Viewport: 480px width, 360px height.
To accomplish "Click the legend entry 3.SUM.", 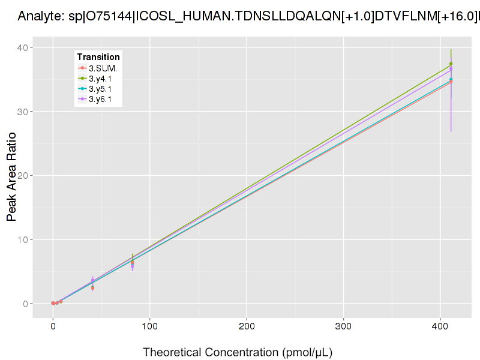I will click(x=103, y=68).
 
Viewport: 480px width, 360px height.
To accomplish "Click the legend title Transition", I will click(x=98, y=57).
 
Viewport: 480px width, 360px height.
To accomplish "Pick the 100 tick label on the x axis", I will click(x=150, y=326).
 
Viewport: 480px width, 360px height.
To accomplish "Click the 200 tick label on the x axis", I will click(x=247, y=326).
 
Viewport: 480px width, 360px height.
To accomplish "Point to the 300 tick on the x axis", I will click(x=343, y=326).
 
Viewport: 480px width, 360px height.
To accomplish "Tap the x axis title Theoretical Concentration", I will click(x=238, y=352).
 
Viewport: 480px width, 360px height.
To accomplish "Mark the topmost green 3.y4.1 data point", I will click(x=451, y=64).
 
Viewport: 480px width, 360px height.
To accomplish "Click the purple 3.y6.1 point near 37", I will click(x=451, y=69).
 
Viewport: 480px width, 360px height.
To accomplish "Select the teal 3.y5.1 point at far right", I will click(x=451, y=80).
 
